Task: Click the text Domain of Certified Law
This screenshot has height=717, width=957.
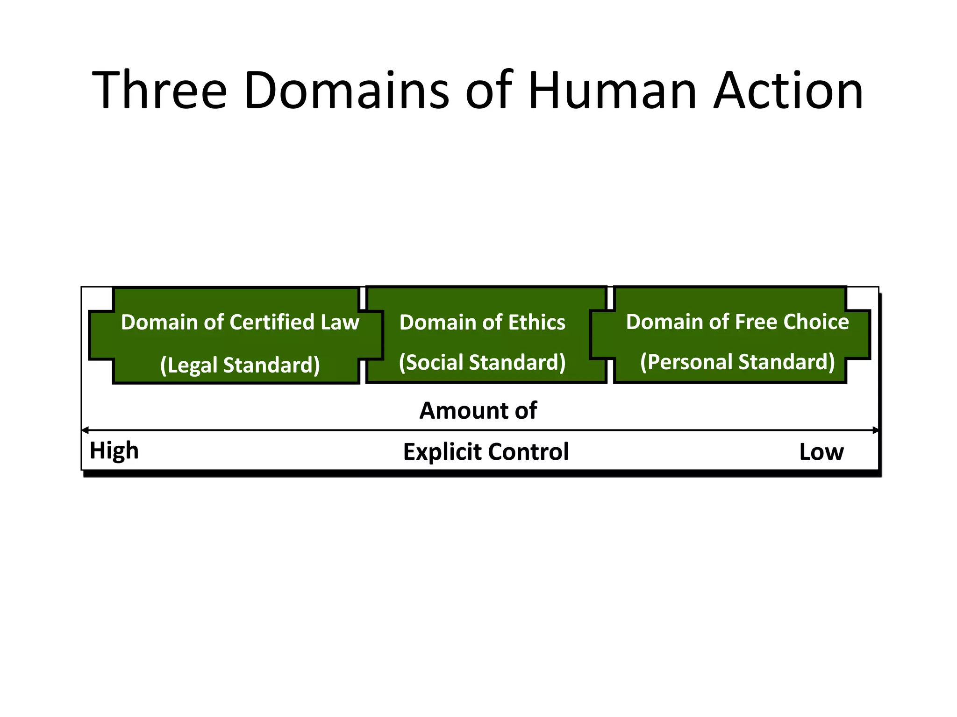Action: click(x=240, y=323)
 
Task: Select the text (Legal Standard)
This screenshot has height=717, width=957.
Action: click(x=240, y=365)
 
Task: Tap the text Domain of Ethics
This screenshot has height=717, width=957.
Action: click(x=482, y=323)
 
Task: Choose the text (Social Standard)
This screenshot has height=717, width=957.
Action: click(x=482, y=363)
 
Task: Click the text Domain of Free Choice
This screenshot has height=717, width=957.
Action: click(x=737, y=322)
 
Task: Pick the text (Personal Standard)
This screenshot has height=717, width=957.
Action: click(x=737, y=362)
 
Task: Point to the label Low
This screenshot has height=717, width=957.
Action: click(x=821, y=452)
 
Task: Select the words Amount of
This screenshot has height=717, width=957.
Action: click(x=478, y=411)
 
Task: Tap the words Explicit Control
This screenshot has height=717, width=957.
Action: click(x=486, y=452)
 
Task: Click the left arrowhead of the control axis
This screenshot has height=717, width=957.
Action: click(x=85, y=430)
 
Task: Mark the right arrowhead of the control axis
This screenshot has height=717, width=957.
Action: click(x=875, y=430)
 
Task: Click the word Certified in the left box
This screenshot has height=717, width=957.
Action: click(x=272, y=323)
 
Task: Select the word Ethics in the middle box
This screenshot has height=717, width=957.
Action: click(x=536, y=323)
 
